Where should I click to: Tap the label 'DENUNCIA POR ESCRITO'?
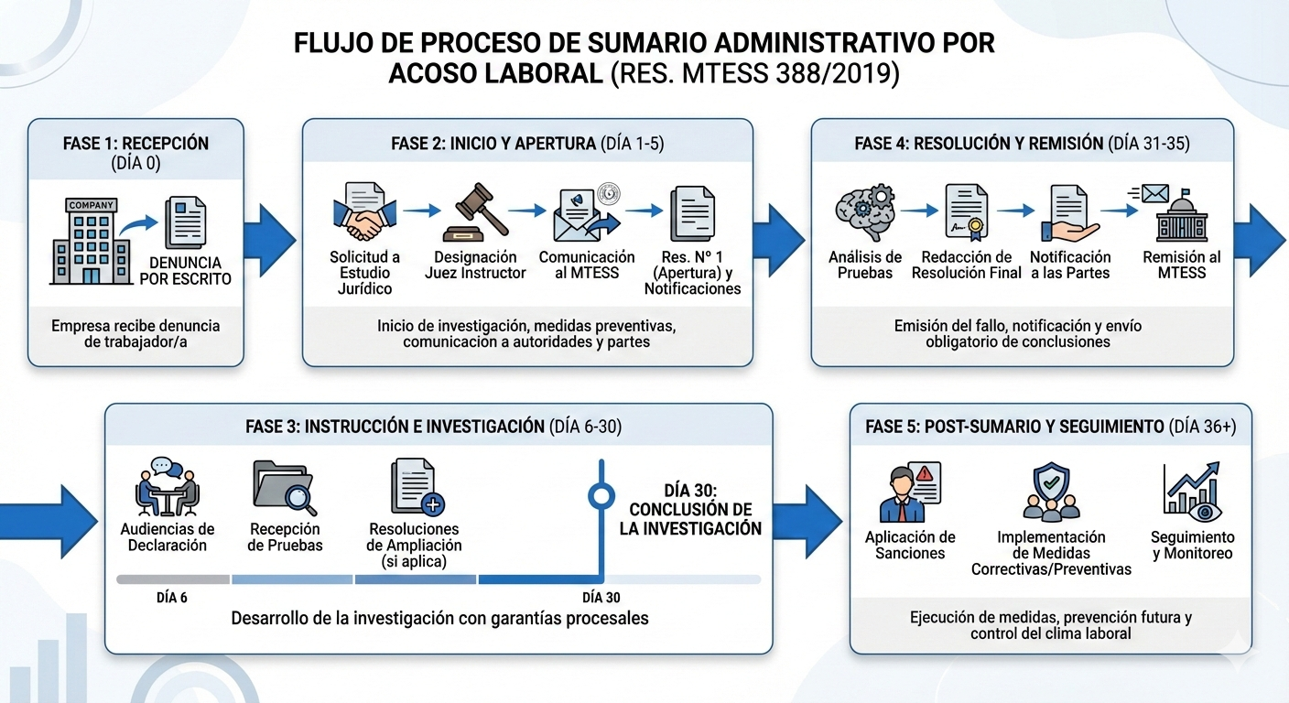point(185,271)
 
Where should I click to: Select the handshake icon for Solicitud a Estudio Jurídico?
point(365,211)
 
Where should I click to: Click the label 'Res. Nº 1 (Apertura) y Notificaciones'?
point(692,273)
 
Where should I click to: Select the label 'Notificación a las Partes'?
point(1070,265)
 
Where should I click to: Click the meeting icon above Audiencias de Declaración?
point(167,487)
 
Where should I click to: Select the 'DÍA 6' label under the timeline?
point(172,598)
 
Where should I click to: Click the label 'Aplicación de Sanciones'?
point(910,545)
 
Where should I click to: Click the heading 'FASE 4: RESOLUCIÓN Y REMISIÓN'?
point(977,144)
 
